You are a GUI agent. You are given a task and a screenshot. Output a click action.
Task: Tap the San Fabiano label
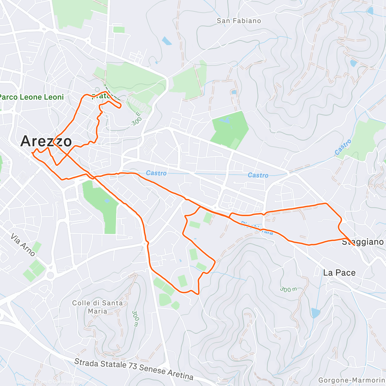coord(239,21)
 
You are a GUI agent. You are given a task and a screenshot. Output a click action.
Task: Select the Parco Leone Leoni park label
coord(32,97)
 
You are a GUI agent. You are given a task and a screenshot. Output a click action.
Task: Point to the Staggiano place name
coord(363,242)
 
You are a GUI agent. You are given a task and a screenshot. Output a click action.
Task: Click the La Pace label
coord(339,273)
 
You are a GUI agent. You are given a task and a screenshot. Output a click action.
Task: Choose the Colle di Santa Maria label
coord(97,307)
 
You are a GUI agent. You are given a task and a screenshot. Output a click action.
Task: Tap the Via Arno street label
coord(23,245)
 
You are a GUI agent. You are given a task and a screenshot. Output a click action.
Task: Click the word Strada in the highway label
coord(87,363)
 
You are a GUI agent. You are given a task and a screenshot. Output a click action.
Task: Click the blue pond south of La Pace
coord(316,313)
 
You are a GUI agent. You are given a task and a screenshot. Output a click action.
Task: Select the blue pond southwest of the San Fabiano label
coord(167,41)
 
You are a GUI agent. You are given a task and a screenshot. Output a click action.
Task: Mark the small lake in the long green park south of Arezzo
coord(107,201)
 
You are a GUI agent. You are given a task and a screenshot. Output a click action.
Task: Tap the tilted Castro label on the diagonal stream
coord(343,147)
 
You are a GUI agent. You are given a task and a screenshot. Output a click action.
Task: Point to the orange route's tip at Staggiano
coord(354,245)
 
